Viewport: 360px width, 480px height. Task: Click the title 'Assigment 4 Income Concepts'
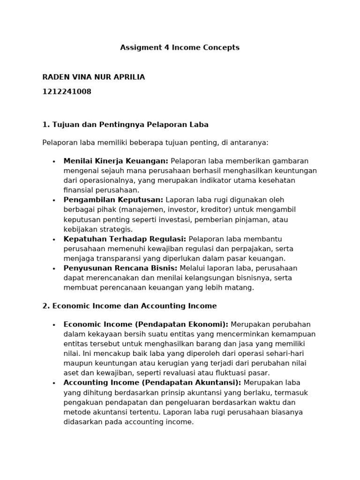(180, 47)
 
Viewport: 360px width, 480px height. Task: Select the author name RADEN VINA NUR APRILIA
(94, 77)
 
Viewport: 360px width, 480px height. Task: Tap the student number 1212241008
(67, 92)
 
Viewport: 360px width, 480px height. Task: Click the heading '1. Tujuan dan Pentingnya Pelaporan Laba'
(125, 125)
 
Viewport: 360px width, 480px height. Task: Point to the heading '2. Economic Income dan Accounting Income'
(129, 306)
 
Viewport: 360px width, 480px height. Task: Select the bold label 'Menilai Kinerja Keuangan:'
(116, 161)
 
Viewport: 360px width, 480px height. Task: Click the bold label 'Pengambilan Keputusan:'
(113, 200)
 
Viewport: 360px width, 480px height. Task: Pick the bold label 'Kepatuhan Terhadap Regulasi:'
(125, 239)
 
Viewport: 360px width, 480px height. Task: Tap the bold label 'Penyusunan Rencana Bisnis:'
(120, 268)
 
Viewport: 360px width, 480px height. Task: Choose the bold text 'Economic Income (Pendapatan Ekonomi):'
(146, 324)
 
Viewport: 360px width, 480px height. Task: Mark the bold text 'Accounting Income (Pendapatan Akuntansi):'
(152, 383)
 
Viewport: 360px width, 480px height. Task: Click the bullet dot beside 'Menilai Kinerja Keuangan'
(54, 161)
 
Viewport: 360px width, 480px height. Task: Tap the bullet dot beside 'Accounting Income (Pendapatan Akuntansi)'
(54, 383)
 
